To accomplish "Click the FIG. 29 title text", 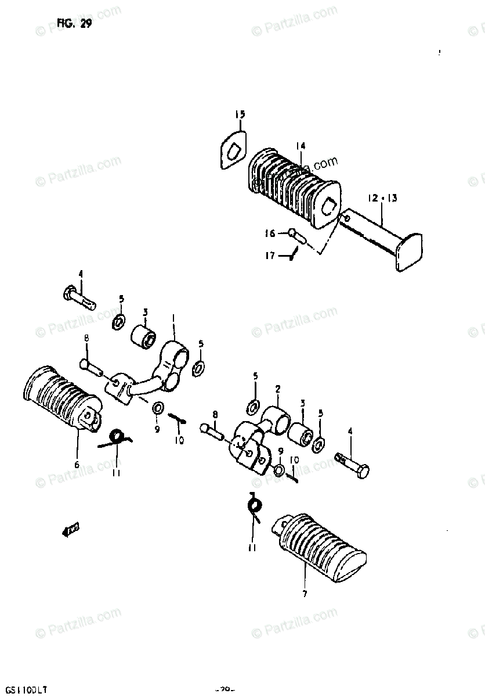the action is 74,24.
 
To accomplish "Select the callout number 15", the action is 240,114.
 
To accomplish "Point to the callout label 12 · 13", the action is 382,199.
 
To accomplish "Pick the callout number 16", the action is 270,233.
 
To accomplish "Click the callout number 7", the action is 305,594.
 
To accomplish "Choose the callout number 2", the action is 277,389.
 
